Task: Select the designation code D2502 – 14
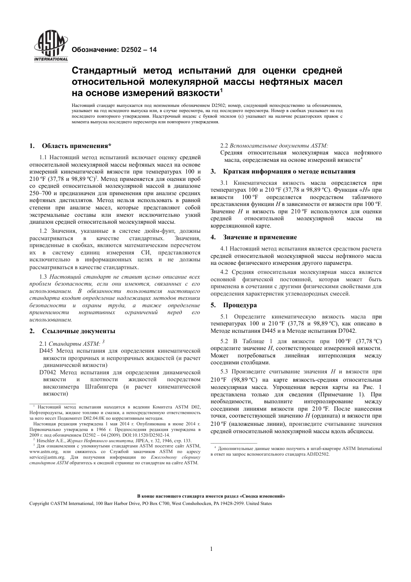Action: [138, 49]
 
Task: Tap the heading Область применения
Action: [77, 145]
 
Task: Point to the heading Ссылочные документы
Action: [78, 331]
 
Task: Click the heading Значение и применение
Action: [260, 237]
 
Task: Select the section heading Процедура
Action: [240, 305]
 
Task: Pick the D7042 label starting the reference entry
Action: [48, 372]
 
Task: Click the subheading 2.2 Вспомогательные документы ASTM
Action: [274, 145]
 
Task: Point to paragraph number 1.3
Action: [43, 277]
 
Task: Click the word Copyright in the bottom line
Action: [39, 503]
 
